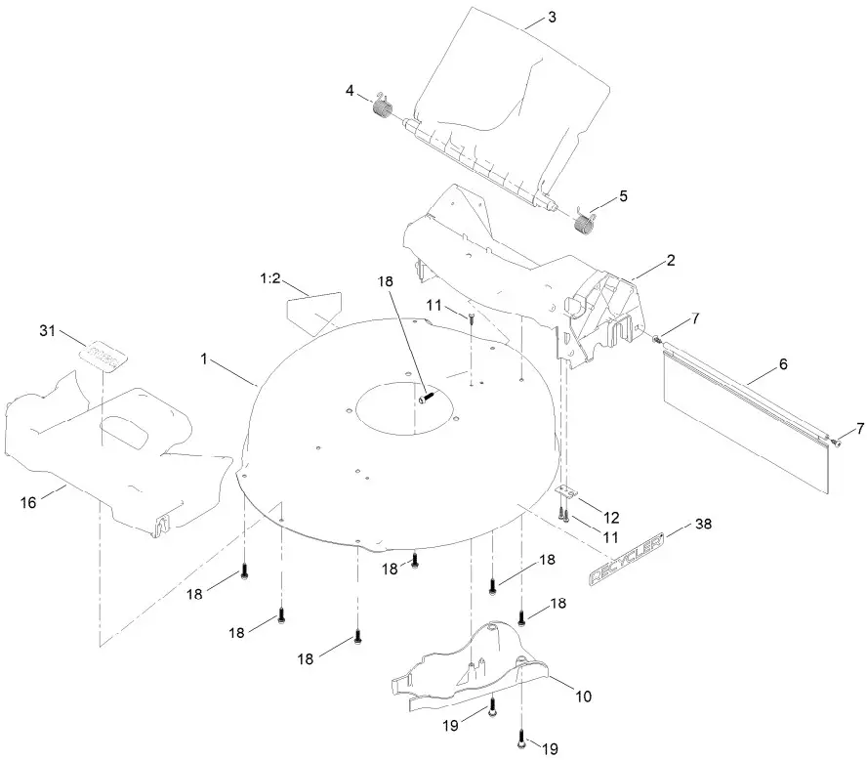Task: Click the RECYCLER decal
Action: tap(626, 558)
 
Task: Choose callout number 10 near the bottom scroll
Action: tap(583, 697)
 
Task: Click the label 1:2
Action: tap(270, 278)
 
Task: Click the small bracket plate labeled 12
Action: tap(564, 490)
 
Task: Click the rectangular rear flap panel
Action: tap(746, 419)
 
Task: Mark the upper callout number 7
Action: tap(696, 318)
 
